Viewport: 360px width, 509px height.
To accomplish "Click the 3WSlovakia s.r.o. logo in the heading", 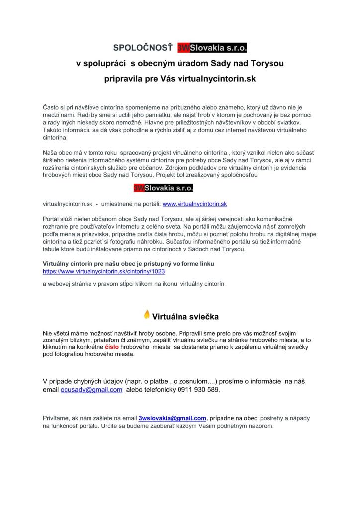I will [212, 49].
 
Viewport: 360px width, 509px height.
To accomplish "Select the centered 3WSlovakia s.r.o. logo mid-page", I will [163, 188].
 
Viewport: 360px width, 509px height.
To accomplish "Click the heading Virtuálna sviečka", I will [185, 316].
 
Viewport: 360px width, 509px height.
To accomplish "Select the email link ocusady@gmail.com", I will [91, 390].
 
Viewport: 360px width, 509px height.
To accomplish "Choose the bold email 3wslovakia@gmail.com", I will [173, 418].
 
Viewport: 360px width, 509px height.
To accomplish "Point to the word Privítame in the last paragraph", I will [57, 418].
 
